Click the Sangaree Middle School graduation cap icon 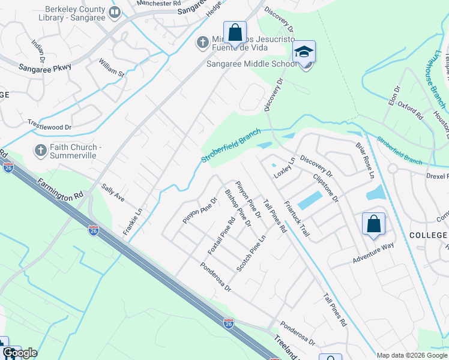(x=304, y=52)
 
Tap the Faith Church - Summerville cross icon (x=40, y=150)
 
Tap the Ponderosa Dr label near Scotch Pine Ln (x=215, y=276)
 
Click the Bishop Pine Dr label (x=237, y=208)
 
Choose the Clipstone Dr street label (x=327, y=187)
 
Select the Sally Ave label (x=113, y=193)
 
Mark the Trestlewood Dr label (x=50, y=125)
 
